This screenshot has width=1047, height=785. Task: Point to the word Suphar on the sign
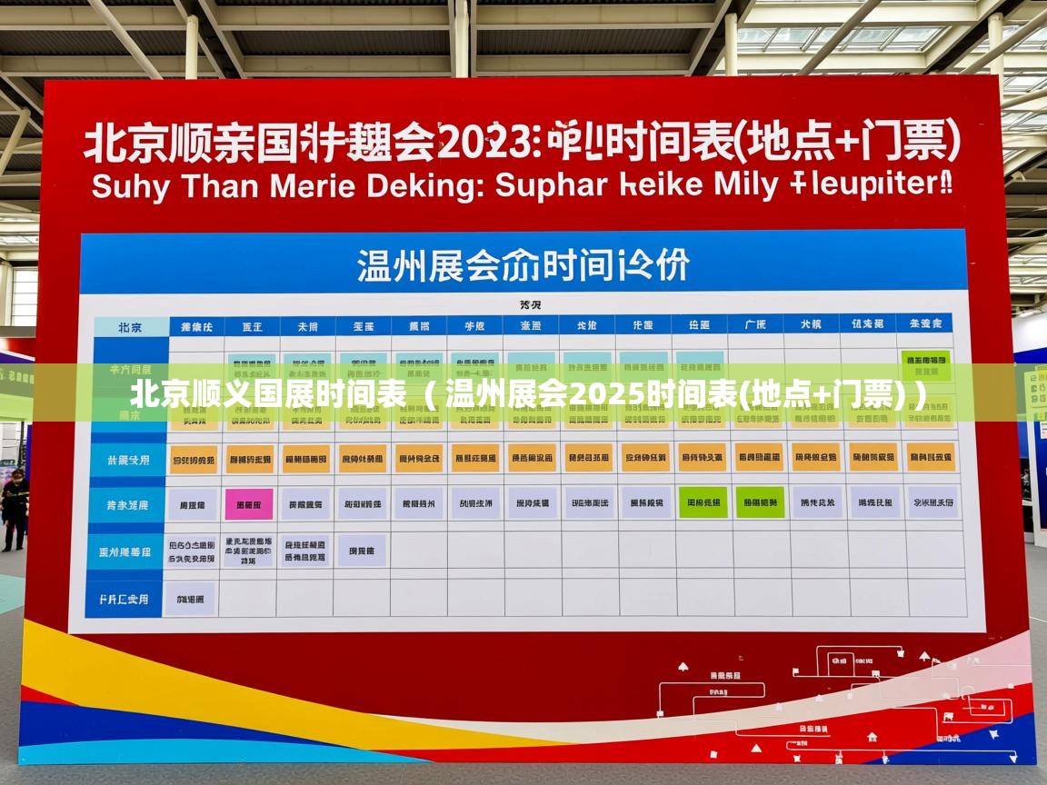pyautogui.click(x=551, y=185)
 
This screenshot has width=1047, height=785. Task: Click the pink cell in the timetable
pyautogui.click(x=248, y=502)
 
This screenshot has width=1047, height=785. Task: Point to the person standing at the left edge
pyautogui.click(x=13, y=509)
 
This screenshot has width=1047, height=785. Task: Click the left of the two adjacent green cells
pyautogui.click(x=703, y=502)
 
